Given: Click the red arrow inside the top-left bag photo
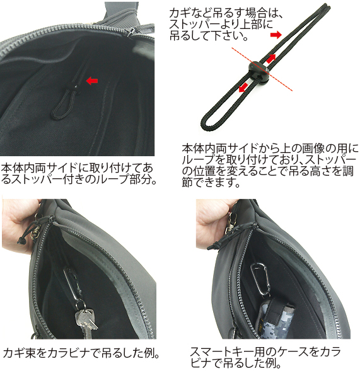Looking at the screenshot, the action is pyautogui.click(x=92, y=81).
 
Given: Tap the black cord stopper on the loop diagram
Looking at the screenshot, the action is pyautogui.click(x=258, y=71).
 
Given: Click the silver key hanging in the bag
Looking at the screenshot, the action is pyautogui.click(x=86, y=322).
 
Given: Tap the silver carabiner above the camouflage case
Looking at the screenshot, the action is pyautogui.click(x=260, y=279).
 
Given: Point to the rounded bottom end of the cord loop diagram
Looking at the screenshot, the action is pyautogui.click(x=209, y=123).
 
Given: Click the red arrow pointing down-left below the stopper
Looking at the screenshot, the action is pyautogui.click(x=243, y=88).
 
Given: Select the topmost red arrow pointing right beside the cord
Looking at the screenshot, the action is pyautogui.click(x=276, y=35).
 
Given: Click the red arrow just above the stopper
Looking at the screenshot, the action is pyautogui.click(x=271, y=58).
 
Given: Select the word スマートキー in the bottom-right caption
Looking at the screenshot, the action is pyautogui.click(x=220, y=352).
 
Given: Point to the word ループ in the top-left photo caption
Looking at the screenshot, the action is pyautogui.click(x=113, y=180).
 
